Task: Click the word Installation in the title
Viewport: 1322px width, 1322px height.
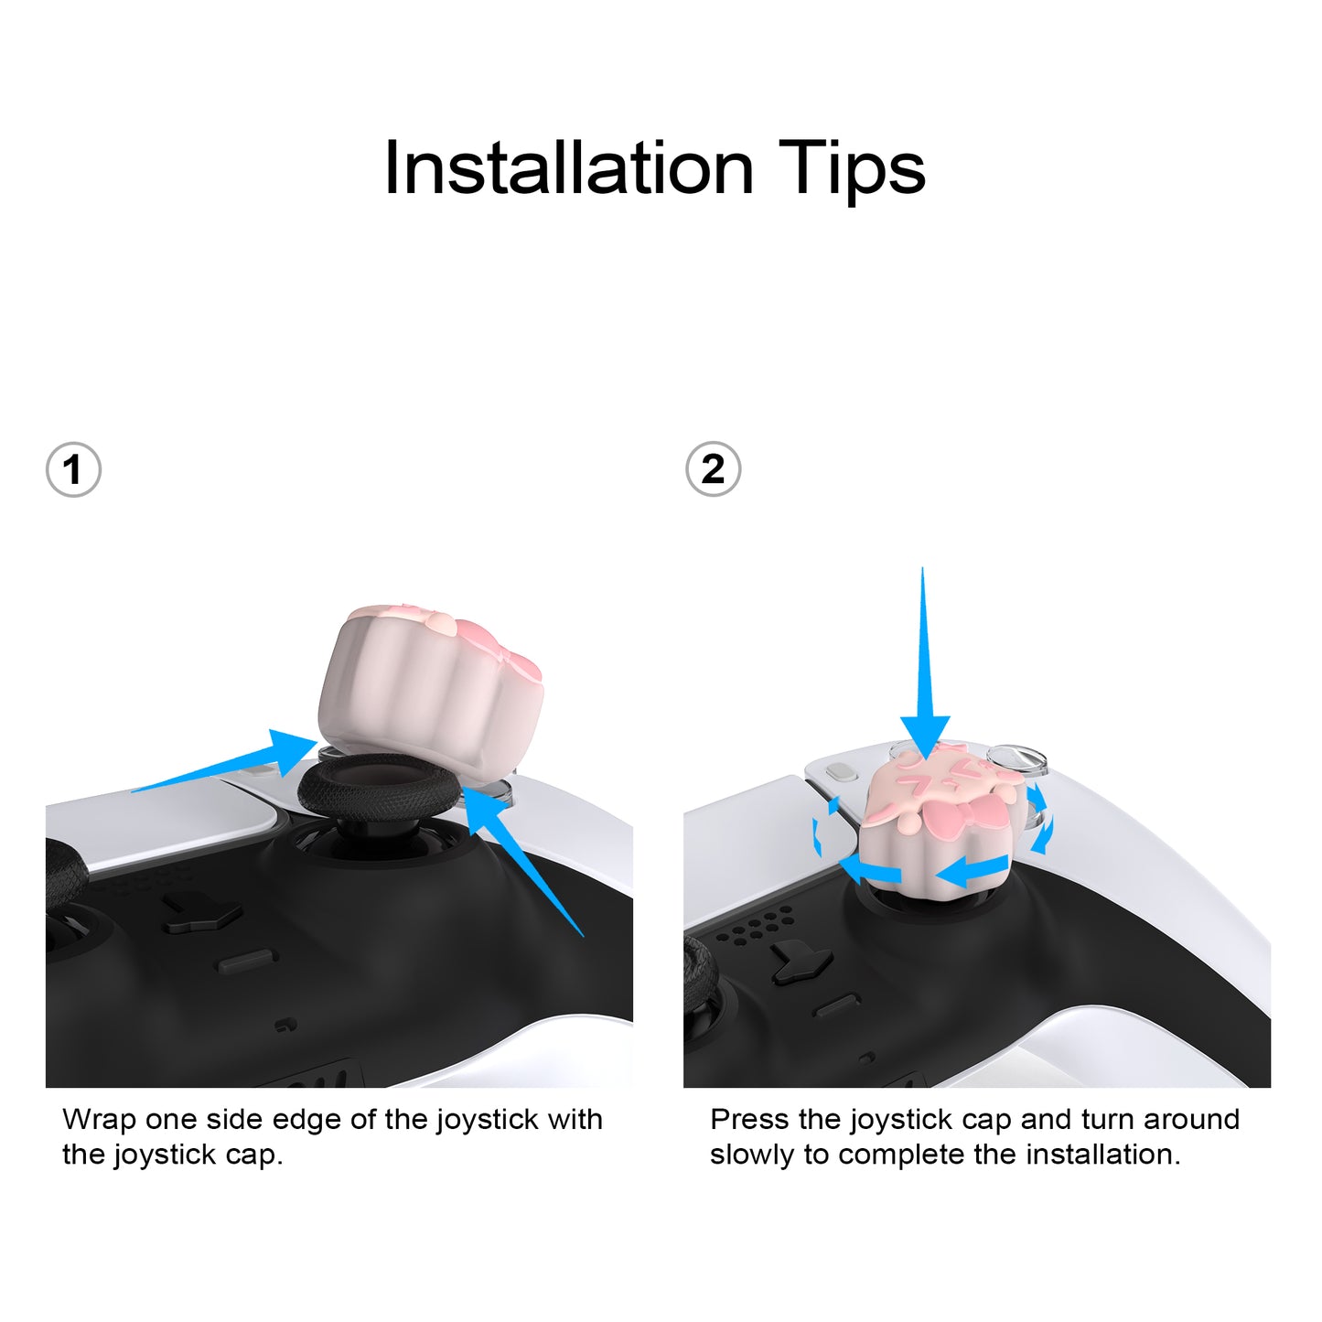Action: click(569, 168)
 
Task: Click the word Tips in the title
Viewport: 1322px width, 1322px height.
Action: click(852, 170)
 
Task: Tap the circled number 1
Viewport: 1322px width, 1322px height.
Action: click(73, 470)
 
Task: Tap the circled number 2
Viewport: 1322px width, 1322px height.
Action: click(714, 469)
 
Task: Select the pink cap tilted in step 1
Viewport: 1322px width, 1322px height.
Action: click(431, 679)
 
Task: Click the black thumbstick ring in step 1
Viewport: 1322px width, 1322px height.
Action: click(377, 789)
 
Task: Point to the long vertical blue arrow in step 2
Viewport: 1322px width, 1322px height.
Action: click(924, 664)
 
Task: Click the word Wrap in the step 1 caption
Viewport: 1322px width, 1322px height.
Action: click(99, 1121)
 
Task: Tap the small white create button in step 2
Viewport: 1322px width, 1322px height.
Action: click(841, 772)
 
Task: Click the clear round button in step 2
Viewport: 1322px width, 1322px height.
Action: click(1016, 760)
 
